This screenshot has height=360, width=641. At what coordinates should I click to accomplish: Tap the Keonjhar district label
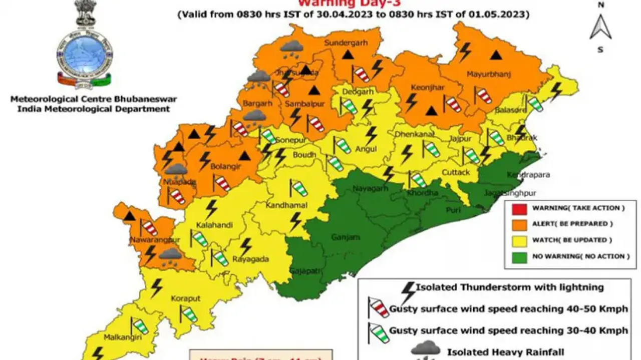(421, 88)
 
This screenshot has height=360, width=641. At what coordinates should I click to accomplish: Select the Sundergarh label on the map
(346, 43)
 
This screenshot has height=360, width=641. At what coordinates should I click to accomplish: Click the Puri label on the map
(453, 210)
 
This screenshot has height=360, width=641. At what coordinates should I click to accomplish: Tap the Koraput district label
(186, 298)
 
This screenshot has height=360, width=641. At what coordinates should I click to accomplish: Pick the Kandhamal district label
(287, 205)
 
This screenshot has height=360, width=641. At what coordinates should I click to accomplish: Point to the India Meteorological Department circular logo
(84, 53)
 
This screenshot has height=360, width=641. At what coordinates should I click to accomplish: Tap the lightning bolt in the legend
(409, 290)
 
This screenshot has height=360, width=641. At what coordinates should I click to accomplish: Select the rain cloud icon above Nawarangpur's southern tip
(170, 255)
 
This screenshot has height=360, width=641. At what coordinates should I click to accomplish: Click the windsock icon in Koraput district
(188, 313)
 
